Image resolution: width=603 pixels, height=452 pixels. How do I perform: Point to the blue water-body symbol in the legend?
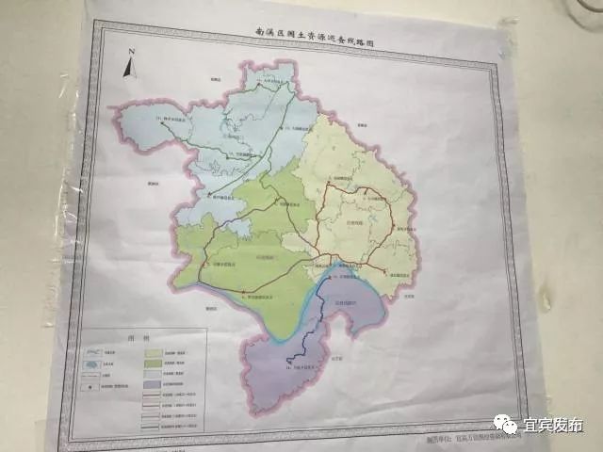coord(94,347)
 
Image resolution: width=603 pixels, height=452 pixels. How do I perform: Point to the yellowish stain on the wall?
coord(544,301)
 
